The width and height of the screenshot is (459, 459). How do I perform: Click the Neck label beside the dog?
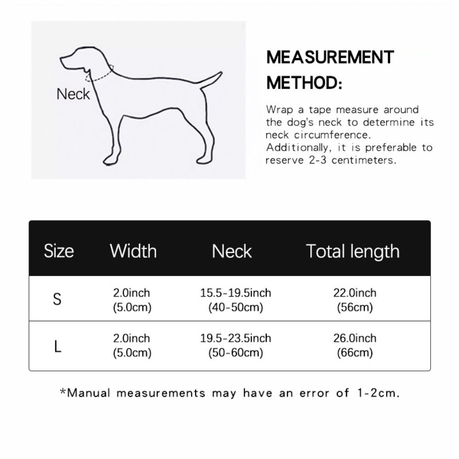[73, 94]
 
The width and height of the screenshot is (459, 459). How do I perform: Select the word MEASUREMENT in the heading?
[330, 57]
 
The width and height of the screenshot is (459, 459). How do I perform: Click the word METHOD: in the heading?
[304, 84]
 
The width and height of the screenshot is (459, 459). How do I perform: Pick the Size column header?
[59, 251]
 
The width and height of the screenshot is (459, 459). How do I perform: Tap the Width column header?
[133, 251]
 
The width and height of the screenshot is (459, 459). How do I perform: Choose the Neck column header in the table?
[232, 251]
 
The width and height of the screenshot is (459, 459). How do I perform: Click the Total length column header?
[353, 251]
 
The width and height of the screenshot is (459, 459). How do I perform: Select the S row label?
[57, 300]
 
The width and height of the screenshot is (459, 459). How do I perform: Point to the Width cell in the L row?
[132, 346]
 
